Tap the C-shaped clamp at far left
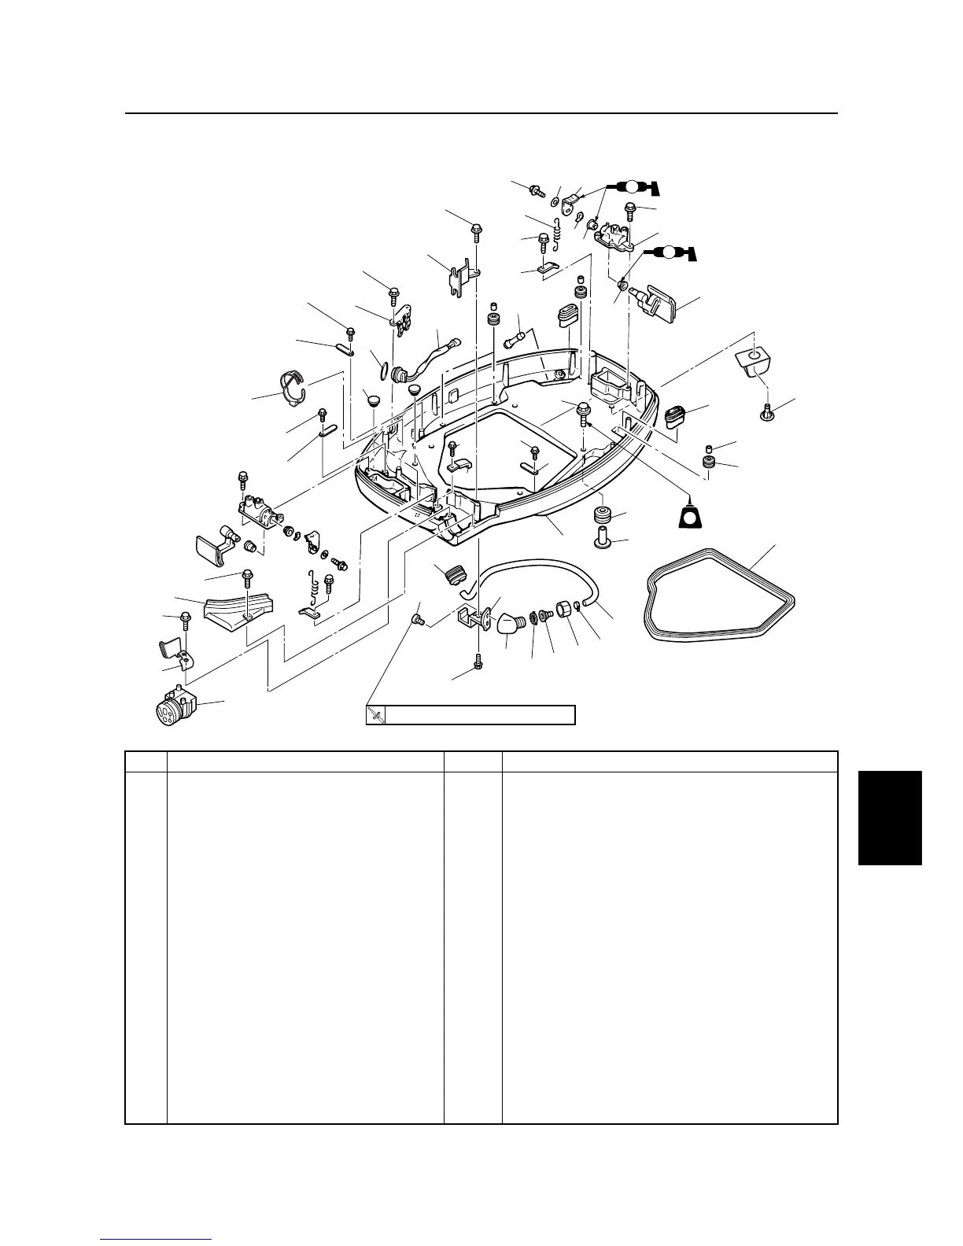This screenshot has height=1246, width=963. [x=290, y=387]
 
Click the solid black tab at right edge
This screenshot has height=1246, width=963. [x=889, y=818]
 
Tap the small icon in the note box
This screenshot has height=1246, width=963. [x=377, y=715]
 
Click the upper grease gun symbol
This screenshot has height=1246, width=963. [x=630, y=187]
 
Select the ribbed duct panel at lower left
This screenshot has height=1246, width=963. [x=238, y=612]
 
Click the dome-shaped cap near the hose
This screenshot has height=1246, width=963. [x=510, y=625]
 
